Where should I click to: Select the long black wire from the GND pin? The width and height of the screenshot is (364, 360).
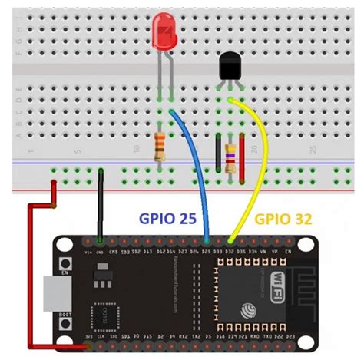coord(101,207)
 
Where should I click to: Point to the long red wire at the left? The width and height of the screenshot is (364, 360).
coord(31,276)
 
